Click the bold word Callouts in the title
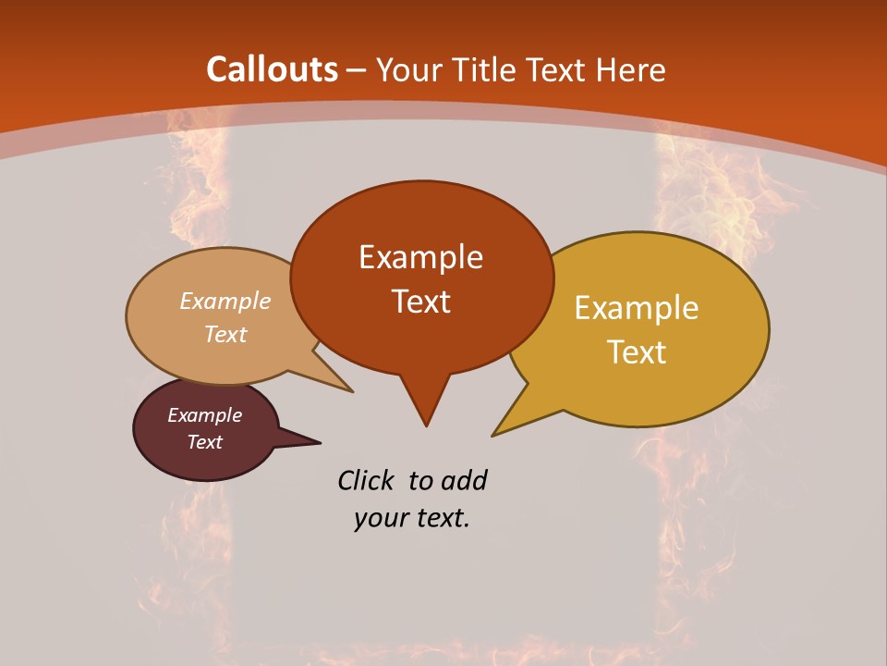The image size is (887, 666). pyautogui.click(x=272, y=69)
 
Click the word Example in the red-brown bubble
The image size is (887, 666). pyautogui.click(x=420, y=257)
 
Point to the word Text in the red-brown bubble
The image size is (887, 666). pyautogui.click(x=420, y=302)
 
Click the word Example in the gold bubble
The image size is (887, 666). pyautogui.click(x=637, y=308)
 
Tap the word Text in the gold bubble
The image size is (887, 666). pyautogui.click(x=637, y=352)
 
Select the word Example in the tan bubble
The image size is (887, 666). pyautogui.click(x=225, y=302)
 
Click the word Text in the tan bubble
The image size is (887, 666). pyautogui.click(x=225, y=334)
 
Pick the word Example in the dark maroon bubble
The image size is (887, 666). pyautogui.click(x=205, y=415)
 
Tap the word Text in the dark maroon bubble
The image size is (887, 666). pyautogui.click(x=205, y=442)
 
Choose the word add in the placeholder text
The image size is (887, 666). pyautogui.click(x=463, y=480)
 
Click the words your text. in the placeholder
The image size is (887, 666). pyautogui.click(x=411, y=518)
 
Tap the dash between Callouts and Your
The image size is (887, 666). pyautogui.click(x=358, y=70)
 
